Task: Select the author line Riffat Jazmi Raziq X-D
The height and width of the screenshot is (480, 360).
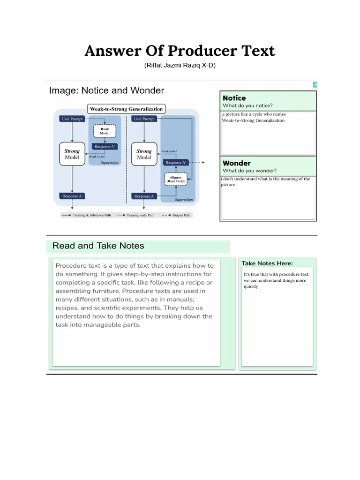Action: [x=180, y=66]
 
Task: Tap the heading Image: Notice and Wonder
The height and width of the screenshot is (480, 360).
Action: [x=107, y=90]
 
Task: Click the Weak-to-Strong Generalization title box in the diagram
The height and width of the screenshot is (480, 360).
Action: [x=127, y=109]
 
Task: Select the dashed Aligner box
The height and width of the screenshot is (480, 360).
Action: [x=176, y=179]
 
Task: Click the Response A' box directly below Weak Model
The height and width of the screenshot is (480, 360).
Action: [x=105, y=147]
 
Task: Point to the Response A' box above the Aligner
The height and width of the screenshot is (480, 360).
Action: [x=175, y=162]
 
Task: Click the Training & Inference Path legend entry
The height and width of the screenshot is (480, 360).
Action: [x=86, y=215]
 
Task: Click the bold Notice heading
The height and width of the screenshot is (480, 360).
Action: [x=234, y=98]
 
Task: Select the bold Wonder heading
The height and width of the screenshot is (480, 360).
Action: [x=237, y=163]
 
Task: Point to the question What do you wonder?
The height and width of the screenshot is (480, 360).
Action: [x=249, y=171]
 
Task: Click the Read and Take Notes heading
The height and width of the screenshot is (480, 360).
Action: [x=98, y=246]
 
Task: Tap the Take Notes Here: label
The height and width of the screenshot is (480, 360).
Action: [x=267, y=263]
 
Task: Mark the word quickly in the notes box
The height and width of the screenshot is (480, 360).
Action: [x=251, y=286]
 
